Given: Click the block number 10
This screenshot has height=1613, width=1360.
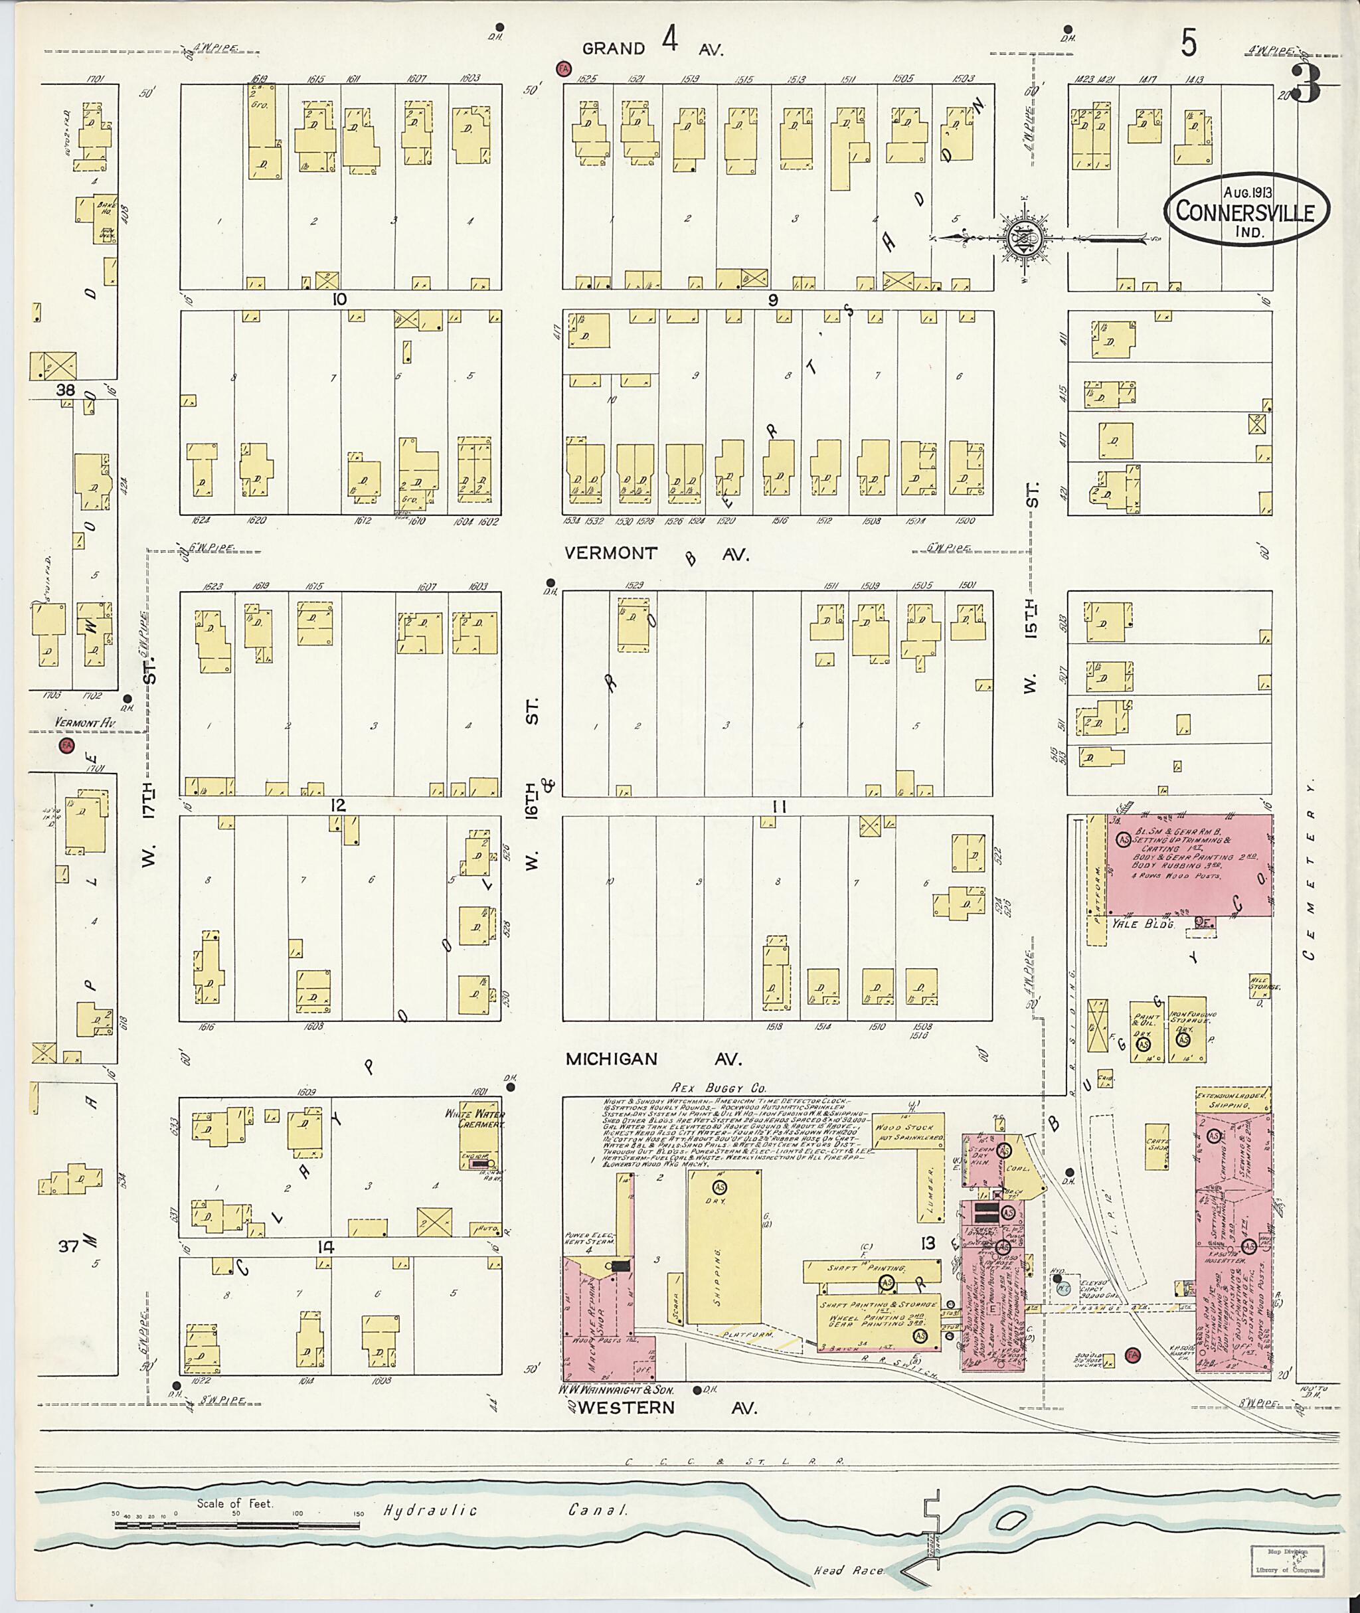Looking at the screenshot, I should coord(339,299).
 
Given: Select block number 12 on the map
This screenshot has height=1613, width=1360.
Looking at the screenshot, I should coord(338,806).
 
